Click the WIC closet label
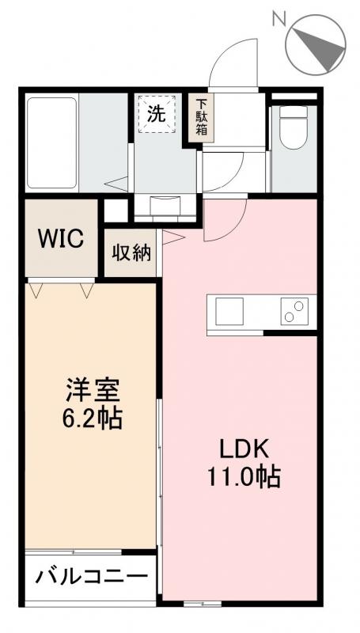(62, 239)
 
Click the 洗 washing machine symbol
(157, 113)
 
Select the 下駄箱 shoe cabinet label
(202, 117)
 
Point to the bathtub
(51, 141)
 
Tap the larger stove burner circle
(300, 305)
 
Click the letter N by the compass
(279, 17)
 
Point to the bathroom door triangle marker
(116, 185)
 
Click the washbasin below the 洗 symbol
(165, 208)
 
